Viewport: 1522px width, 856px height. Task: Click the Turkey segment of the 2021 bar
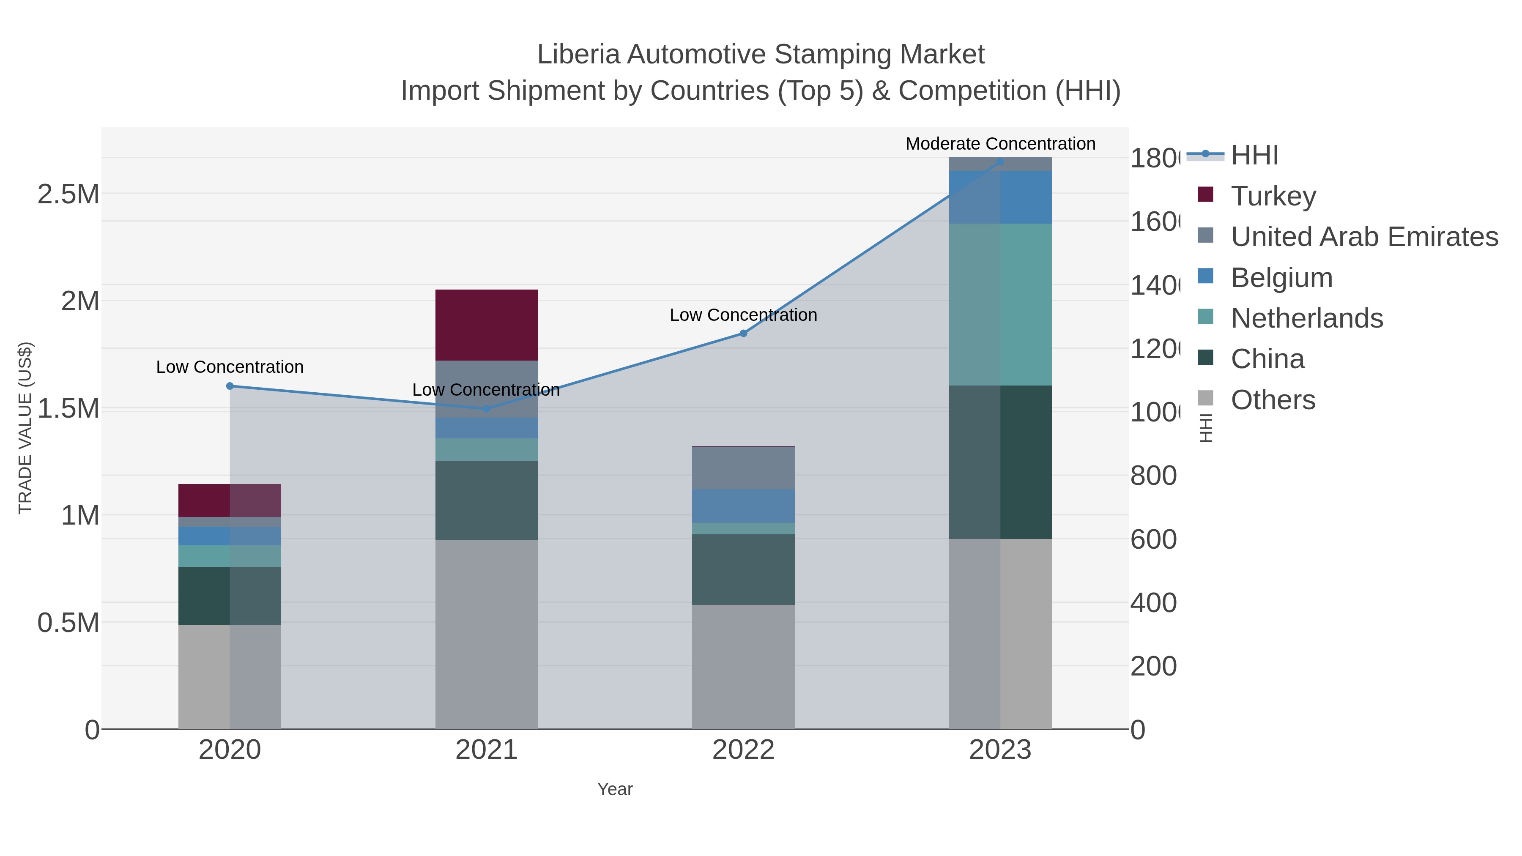pos(486,325)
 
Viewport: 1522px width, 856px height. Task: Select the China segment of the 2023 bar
pos(1000,462)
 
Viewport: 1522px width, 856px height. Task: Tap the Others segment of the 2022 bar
pos(743,666)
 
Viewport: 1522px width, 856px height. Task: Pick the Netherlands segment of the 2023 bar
pos(1000,304)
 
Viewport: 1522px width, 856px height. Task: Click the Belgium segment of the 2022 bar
pos(743,506)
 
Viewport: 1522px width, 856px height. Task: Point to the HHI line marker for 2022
pos(743,333)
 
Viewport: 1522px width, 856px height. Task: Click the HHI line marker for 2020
pos(230,386)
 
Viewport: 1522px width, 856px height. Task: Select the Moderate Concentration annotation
pos(1000,144)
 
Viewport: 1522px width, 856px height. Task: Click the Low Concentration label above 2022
pos(743,315)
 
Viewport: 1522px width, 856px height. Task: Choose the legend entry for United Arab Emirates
pos(1363,236)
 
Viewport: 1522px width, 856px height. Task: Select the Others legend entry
pos(1273,400)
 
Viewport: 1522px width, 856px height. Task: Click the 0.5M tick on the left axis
pos(68,623)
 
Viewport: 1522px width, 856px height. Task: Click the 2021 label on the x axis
pos(486,749)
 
